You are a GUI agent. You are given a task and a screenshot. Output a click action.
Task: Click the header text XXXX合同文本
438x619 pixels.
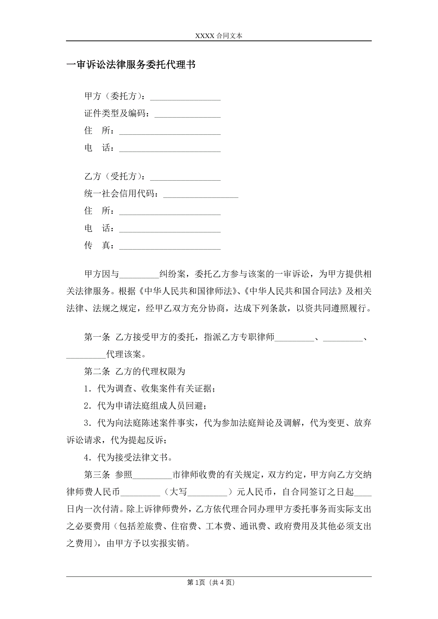pos(218,36)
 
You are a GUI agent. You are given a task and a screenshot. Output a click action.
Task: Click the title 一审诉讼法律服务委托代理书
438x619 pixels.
pos(131,65)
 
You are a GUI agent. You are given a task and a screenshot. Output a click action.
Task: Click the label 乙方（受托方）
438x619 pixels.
pos(114,176)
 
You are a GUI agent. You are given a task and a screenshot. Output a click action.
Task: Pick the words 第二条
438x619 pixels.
pos(97,371)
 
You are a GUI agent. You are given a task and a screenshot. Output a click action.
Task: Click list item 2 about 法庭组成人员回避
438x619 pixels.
pos(145,406)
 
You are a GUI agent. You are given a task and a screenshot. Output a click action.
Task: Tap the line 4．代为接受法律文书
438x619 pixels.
pos(128,457)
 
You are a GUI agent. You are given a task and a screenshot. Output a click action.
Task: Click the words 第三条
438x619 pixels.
pos(97,474)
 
